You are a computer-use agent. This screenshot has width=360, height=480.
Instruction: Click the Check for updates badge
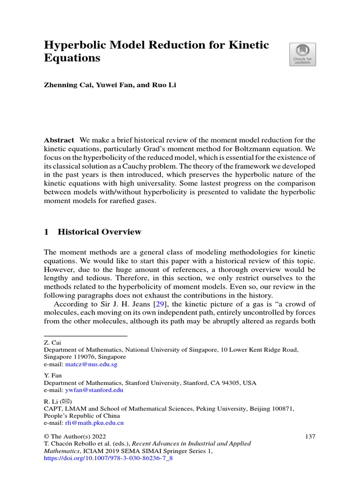[x=302, y=55]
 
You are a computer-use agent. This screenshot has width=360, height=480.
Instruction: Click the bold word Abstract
[x=59, y=140]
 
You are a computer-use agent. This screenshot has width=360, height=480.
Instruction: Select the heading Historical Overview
[x=99, y=232]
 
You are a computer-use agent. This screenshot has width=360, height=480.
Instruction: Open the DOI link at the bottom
[x=108, y=458]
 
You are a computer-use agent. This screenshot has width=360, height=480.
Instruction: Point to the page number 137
[x=310, y=436]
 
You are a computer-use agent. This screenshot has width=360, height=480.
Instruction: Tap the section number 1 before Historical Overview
[x=46, y=232]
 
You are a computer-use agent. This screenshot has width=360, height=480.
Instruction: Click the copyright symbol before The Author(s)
[x=46, y=436]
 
